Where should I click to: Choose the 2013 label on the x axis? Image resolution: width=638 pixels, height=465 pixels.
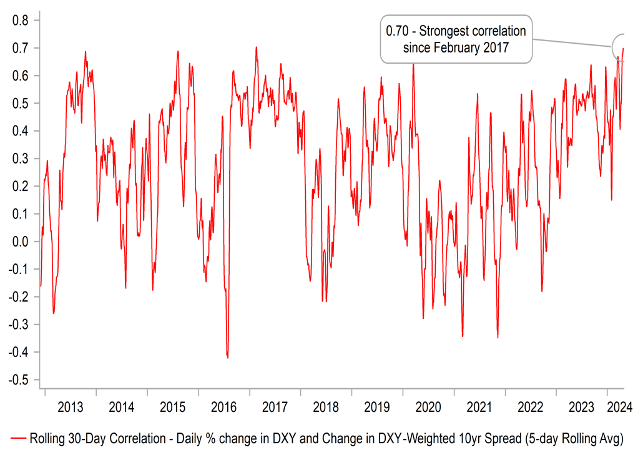pyautogui.click(x=70, y=408)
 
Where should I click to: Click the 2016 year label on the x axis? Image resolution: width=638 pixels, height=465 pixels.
pyautogui.click(x=223, y=408)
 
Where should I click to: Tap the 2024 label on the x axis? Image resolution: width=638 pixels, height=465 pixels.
pyautogui.click(x=620, y=408)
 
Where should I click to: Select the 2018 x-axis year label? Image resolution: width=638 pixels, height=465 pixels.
pyautogui.click(x=326, y=408)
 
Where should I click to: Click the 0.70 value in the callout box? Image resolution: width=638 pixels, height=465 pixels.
pyautogui.click(x=397, y=31)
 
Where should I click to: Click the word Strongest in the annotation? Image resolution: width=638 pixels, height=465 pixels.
pyautogui.click(x=449, y=31)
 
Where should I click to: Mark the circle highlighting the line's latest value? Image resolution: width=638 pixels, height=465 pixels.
pyautogui.click(x=622, y=47)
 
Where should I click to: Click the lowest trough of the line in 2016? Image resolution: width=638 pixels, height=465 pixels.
pyautogui.click(x=227, y=358)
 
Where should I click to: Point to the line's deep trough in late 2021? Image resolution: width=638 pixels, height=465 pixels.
pyautogui.click(x=498, y=338)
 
